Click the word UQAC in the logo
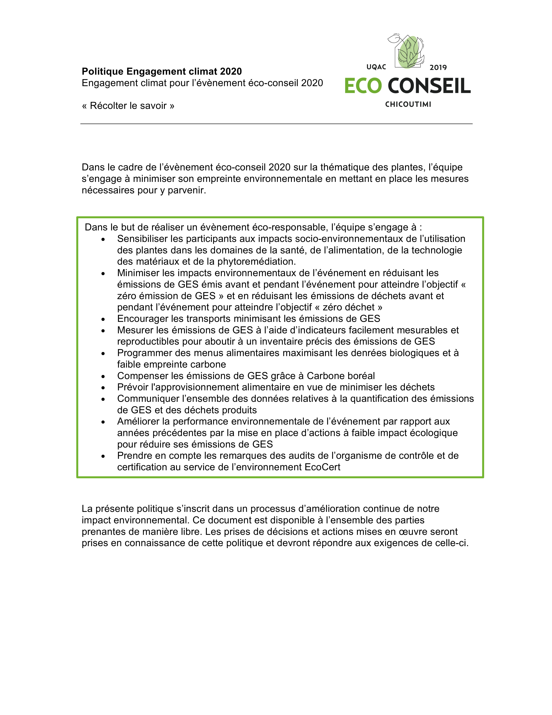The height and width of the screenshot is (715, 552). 376,67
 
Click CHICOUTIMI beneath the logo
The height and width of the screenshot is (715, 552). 408,104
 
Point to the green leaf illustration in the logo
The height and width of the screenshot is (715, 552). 409,52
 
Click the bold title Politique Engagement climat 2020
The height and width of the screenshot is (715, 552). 162,71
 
